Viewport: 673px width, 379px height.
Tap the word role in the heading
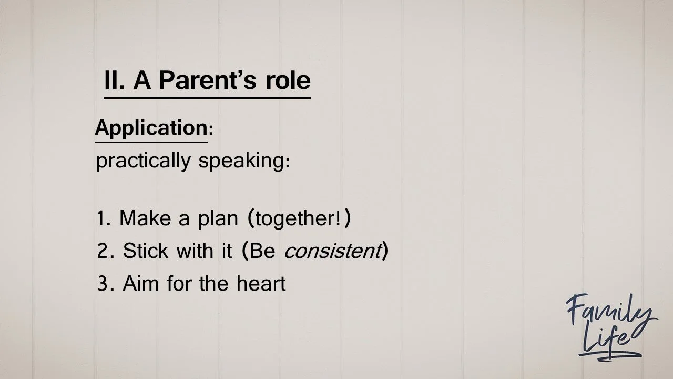[x=289, y=81]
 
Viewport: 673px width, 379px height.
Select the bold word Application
[x=151, y=128]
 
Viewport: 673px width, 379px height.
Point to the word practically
[x=143, y=161]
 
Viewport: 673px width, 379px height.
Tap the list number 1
[x=101, y=218]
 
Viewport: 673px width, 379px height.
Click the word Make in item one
[x=146, y=218]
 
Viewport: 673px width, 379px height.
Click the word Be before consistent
[x=262, y=252]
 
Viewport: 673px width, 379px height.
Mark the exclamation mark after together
[x=337, y=218]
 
